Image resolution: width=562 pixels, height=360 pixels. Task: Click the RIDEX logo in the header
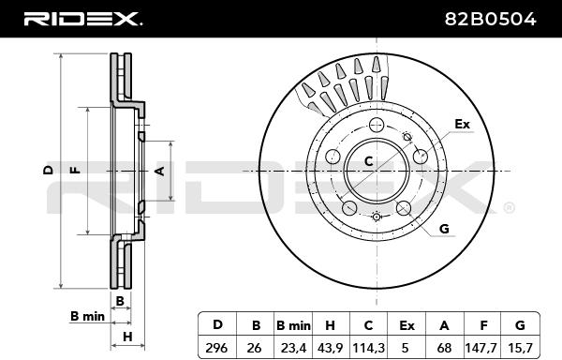pos(82,19)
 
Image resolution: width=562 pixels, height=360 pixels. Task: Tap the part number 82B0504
pos(490,19)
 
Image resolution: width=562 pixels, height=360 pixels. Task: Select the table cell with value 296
pos(216,348)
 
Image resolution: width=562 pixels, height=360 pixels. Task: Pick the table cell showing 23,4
pos(293,348)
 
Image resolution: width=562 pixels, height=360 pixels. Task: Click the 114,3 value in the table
pos(369,348)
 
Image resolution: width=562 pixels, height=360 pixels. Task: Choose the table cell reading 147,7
pos(481,348)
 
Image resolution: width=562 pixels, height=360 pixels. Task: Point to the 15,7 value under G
pos(520,348)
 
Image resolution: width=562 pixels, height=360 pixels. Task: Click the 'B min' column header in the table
pos(293,325)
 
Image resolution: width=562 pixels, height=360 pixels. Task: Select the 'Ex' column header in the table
pos(407,325)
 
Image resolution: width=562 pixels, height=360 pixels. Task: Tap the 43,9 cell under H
pos(330,348)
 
